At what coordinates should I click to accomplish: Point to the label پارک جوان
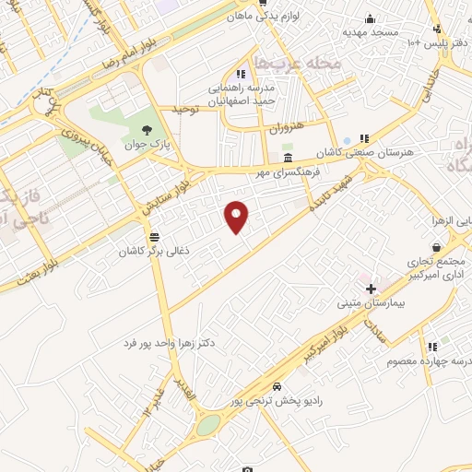pos(151,145)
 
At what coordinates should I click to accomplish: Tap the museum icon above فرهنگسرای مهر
pos(289,159)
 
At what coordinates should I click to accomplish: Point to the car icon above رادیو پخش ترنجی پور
pos(277,386)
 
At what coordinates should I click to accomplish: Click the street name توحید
pos(185,109)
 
